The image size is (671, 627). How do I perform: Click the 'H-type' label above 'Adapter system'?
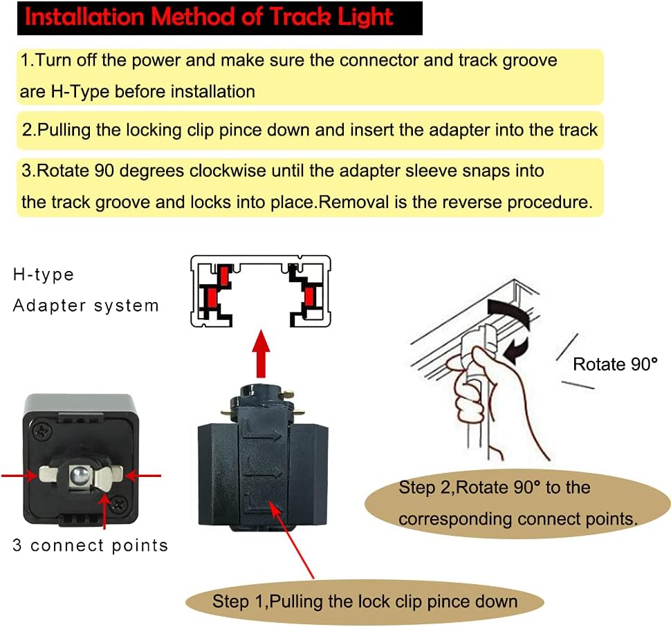[43, 274]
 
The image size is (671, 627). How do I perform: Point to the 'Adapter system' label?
[86, 305]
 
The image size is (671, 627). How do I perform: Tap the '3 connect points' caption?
[90, 545]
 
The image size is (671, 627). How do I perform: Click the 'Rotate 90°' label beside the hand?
[614, 364]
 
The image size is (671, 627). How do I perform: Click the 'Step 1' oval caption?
[365, 601]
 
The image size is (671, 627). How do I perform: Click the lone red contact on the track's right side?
[308, 299]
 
